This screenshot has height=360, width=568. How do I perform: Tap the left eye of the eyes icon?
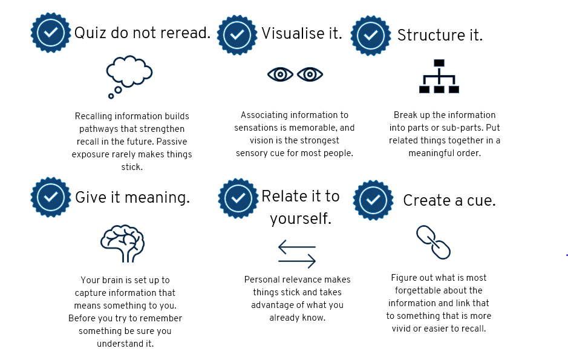coord(280,74)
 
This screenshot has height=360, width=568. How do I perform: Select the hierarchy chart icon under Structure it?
coord(439,76)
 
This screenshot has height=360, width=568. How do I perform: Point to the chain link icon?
coord(433,242)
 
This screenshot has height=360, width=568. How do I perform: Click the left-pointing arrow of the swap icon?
coord(297,247)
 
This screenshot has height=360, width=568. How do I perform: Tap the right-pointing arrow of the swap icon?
coord(297,261)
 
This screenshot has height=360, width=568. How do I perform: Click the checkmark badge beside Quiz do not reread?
coord(50,33)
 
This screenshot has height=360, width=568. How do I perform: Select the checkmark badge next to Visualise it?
coord(237,34)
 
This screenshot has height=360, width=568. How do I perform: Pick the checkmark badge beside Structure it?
coord(371,36)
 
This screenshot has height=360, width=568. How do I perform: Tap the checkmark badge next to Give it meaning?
coord(50,197)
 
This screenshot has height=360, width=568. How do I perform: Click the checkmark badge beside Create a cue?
coord(373,200)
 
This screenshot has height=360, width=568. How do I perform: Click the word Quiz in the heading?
coord(91,33)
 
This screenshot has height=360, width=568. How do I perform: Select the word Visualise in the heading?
coord(293,33)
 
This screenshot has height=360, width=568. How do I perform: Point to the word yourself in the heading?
coord(301,219)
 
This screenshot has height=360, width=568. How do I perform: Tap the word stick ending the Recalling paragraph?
coord(132,167)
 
